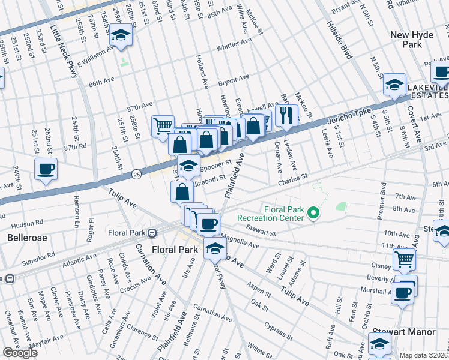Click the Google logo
pos(19,353)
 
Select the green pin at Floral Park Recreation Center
pos(313,212)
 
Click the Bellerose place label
pos(23,238)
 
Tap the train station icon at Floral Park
pos(152,232)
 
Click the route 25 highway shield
pos(136,175)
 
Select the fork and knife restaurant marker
pos(286,115)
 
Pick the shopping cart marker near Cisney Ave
pos(404,259)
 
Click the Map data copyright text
pos(424,355)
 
